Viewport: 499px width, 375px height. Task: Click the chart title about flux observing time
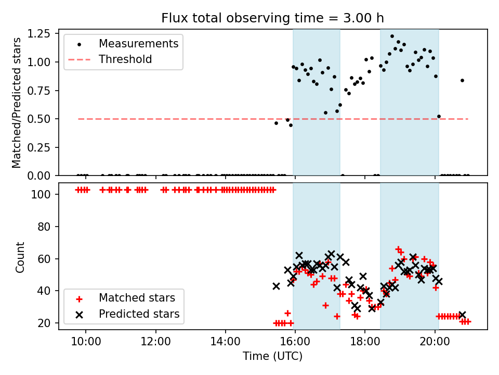coord(272,18)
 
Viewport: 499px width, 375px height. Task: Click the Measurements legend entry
coord(138,43)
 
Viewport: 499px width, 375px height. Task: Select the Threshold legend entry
coord(125,59)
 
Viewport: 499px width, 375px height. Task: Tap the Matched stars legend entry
coord(137,298)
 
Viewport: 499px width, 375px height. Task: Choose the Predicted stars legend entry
coord(139,314)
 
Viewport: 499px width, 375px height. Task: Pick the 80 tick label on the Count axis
coord(46,227)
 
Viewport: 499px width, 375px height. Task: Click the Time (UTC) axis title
coord(272,356)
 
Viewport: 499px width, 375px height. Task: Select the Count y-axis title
coord(20,257)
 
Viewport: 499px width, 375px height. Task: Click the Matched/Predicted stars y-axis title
coord(17,103)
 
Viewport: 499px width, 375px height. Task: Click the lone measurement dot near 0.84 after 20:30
coord(462,80)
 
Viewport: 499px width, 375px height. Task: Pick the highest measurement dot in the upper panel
coord(392,36)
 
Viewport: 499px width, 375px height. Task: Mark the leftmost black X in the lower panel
coord(276,286)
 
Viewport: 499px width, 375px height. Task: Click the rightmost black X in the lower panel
coord(462,315)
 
